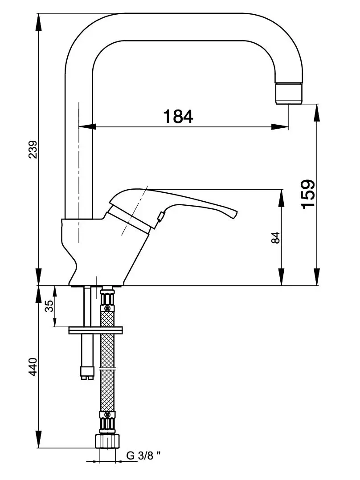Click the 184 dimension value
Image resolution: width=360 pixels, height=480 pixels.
[178, 116]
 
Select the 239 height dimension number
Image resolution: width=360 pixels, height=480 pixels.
[33, 149]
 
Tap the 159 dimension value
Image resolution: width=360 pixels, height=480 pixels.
[308, 194]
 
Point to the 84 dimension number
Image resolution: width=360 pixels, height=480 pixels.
[276, 238]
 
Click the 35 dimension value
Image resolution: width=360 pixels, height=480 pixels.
[49, 306]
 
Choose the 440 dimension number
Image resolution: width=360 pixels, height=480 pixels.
[33, 366]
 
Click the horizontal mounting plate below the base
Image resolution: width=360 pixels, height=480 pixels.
[96, 330]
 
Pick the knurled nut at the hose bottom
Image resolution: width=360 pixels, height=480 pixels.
[107, 440]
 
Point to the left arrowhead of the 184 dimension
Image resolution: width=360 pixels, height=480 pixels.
[88, 126]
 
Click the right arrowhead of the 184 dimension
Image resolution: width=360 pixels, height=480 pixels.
[280, 126]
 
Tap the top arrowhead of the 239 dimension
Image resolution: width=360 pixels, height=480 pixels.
[38, 22]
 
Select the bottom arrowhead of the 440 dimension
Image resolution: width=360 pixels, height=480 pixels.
[38, 439]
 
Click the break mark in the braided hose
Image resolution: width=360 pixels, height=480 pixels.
[107, 368]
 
